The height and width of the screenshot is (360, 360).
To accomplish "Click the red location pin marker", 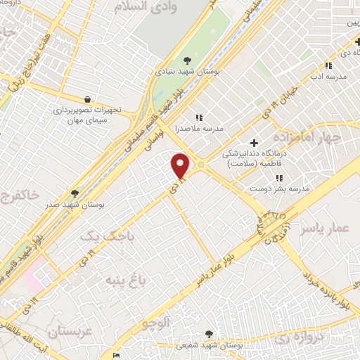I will coord(181,165).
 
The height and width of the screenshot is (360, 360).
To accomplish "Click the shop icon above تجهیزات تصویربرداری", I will coord(87,100).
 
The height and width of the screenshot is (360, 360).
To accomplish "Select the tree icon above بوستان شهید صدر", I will coord(75,193).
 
